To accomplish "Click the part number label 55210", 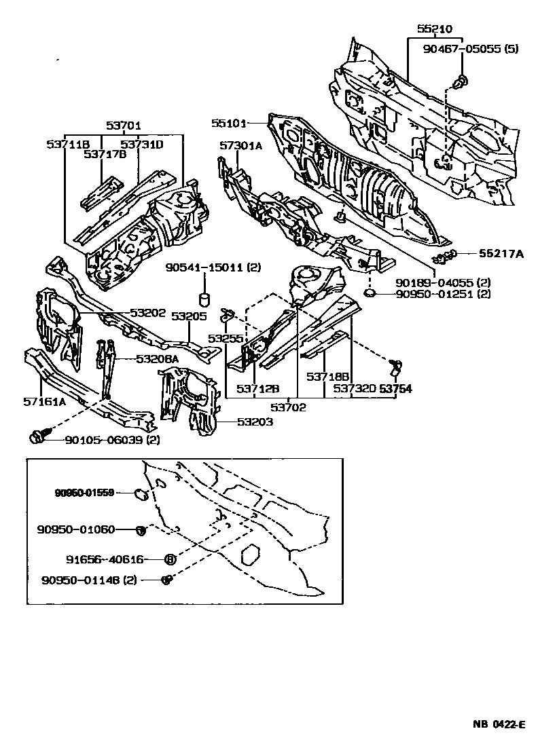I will click(x=434, y=29).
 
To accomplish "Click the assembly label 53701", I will click(x=123, y=126).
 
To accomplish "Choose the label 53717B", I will click(x=106, y=154).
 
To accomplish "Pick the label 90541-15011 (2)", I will click(x=213, y=268).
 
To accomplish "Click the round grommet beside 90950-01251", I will click(x=370, y=293).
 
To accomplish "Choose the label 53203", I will click(x=255, y=422).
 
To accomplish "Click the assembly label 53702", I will click(x=288, y=407).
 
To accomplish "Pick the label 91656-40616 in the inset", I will click(x=105, y=559).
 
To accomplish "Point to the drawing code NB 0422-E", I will click(x=499, y=724).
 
